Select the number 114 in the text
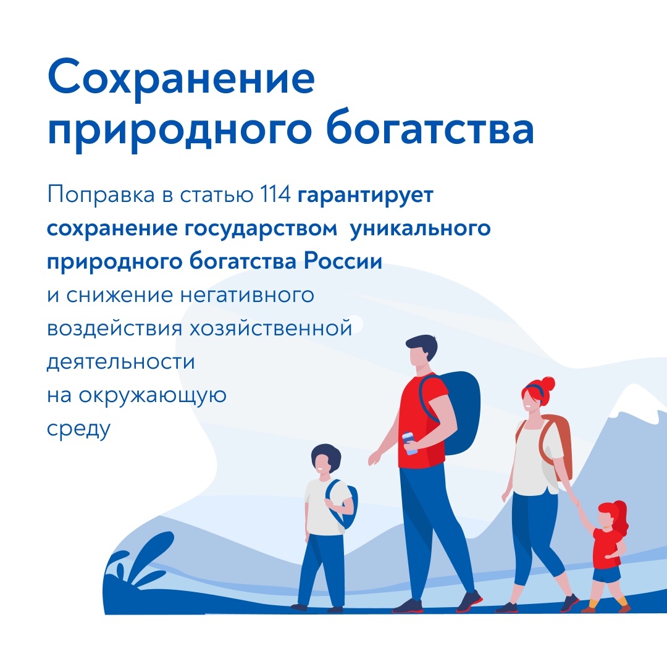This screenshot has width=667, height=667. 275,195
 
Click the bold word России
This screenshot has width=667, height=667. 343,261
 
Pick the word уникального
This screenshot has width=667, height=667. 421,229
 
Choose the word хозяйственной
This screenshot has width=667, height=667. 271,329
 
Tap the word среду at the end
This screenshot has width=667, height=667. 78,429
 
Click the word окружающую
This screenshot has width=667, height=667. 153,396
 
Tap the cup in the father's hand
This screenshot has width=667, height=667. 410,443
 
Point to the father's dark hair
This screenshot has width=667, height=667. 423,345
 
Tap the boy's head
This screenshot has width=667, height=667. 325,460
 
